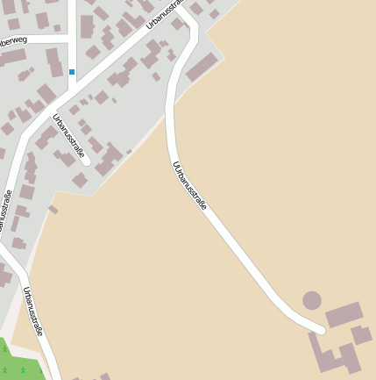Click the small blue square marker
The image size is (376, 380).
72,71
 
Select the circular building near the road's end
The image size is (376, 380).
312,300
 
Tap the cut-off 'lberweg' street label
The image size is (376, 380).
14,40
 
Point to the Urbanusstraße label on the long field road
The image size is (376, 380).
190,185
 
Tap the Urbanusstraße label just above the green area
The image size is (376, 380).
33,312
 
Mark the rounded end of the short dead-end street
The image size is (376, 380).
86,161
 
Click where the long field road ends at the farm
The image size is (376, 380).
321,330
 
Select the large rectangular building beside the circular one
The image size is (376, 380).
344,315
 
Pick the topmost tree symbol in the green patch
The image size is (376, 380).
4,349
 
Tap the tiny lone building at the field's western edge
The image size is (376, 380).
53,210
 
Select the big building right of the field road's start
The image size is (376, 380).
202,67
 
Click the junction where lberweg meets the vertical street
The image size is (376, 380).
72,35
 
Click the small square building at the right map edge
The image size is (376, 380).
361,334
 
